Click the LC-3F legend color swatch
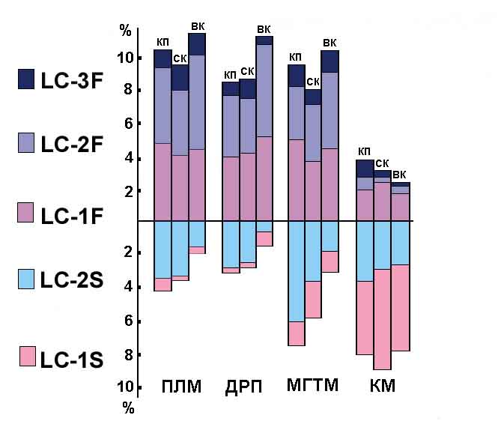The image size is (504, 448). [26, 79]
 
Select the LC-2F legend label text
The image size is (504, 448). [71, 145]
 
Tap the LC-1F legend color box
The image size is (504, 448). [26, 212]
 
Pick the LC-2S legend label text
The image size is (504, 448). [71, 280]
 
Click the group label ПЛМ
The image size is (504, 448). [181, 387]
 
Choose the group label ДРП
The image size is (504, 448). [244, 387]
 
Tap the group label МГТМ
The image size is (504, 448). [312, 387]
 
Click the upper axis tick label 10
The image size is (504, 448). [126, 58]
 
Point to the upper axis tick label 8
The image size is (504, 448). [128, 91]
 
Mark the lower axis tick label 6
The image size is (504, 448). [128, 321]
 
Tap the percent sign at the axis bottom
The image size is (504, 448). [129, 408]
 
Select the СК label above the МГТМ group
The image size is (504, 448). [313, 82]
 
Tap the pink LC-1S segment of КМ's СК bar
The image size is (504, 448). [382, 319]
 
